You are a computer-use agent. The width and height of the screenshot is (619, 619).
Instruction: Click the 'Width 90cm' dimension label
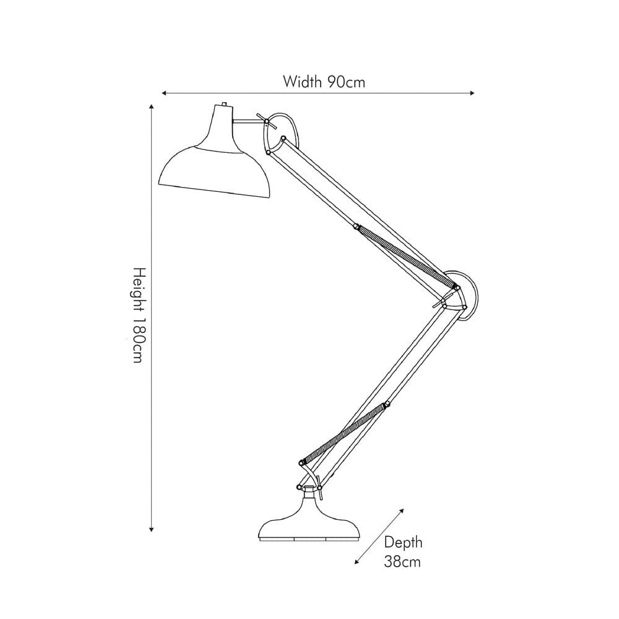[x=324, y=81]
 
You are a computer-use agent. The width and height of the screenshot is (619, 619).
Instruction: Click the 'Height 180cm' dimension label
[x=139, y=315]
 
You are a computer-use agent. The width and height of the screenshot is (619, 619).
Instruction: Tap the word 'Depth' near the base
[x=403, y=543]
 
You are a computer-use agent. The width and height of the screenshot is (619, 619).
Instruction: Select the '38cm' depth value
[x=402, y=562]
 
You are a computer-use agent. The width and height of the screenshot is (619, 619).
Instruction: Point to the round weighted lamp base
[x=308, y=526]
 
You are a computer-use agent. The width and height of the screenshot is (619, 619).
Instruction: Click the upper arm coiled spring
[x=402, y=254]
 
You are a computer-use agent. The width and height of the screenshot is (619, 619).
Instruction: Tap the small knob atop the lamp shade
[x=223, y=105]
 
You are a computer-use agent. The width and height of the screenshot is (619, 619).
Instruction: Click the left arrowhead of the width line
[x=164, y=93]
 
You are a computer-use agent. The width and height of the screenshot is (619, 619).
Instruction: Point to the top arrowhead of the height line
[x=152, y=107]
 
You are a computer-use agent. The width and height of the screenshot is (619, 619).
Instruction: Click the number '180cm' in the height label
[x=139, y=343]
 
